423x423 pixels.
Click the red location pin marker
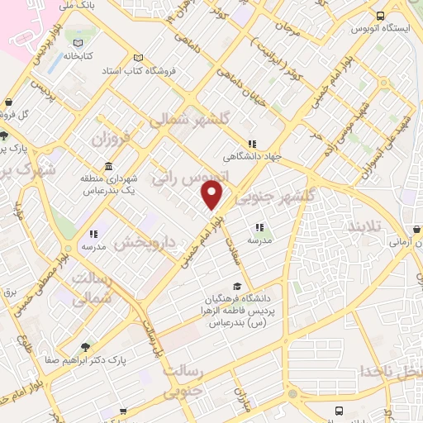click(x=212, y=195)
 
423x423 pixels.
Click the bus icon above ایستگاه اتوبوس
click(x=379, y=16)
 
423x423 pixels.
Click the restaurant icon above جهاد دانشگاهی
click(x=252, y=144)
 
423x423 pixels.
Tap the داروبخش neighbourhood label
click(x=144, y=241)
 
